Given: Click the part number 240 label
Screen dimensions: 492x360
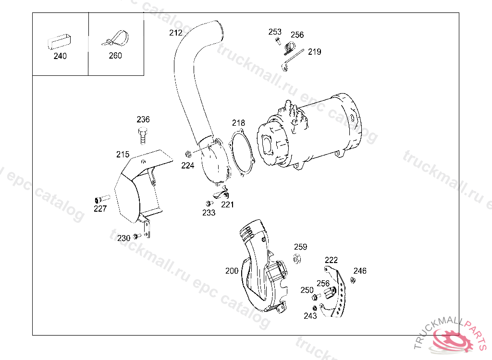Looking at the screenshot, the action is click(x=60, y=56).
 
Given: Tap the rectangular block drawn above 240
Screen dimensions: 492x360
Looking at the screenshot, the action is click(x=59, y=42).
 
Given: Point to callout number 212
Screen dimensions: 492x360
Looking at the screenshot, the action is click(x=176, y=33).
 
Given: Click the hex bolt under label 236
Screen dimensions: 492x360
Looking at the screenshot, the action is click(x=143, y=135).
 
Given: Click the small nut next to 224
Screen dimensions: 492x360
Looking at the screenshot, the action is click(x=188, y=154).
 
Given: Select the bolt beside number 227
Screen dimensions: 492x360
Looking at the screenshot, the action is click(x=102, y=199).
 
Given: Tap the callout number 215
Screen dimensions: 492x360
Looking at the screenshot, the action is click(x=123, y=154).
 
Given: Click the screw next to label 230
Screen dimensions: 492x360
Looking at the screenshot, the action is click(x=136, y=236).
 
